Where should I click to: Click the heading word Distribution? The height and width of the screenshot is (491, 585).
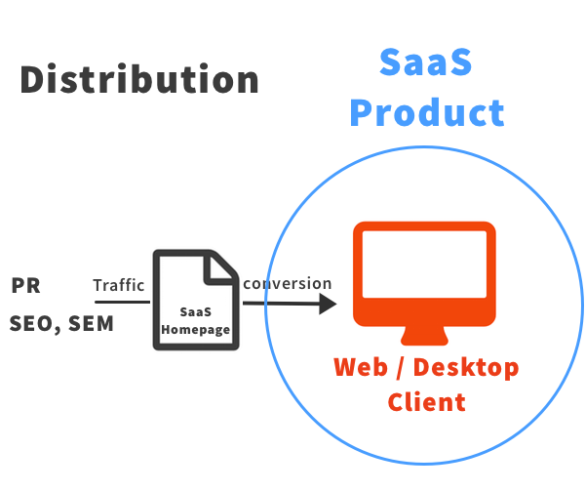[139, 79]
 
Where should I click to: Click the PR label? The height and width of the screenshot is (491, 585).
[25, 286]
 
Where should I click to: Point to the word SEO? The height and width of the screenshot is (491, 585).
[36, 324]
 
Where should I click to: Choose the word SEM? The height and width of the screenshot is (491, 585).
[91, 324]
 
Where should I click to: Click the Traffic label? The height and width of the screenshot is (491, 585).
[119, 286]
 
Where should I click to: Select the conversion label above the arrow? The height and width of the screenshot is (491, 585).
[288, 284]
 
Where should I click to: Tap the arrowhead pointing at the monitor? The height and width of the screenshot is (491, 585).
[328, 304]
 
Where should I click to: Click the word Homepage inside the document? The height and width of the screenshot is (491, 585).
[196, 330]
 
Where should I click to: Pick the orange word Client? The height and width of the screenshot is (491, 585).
[426, 401]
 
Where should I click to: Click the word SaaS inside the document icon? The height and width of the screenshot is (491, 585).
[196, 312]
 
